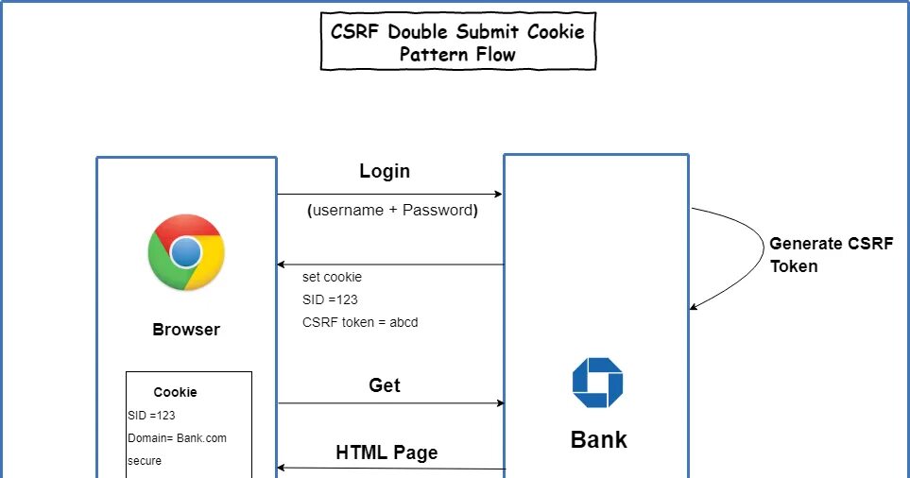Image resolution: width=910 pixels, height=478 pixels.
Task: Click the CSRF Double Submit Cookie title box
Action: coord(458,42)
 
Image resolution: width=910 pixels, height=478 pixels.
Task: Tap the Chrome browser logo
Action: coord(186,252)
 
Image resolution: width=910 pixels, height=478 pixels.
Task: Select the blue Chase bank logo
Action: coord(597,383)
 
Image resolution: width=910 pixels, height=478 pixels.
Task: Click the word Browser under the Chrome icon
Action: coord(186,330)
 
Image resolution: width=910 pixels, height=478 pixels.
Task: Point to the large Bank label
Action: coord(599,439)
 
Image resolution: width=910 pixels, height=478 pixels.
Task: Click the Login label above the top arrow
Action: coord(385,171)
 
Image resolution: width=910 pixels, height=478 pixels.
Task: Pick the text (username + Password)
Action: coord(392,210)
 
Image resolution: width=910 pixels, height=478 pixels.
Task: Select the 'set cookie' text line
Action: coord(332,278)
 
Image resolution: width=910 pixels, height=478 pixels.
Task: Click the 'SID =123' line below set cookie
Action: coord(330,299)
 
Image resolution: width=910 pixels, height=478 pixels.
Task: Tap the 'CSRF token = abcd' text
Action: coord(360,322)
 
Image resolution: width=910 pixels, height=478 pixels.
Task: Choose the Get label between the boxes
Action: coord(385,385)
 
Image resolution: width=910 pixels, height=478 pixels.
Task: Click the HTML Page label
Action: coord(386,452)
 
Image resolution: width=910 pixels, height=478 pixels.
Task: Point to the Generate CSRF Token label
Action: coord(831,255)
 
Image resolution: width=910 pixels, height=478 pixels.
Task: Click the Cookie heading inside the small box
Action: coord(175,392)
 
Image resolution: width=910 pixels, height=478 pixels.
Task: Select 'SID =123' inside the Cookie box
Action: coord(151,416)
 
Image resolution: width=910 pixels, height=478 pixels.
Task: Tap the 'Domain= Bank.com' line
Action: coord(177,438)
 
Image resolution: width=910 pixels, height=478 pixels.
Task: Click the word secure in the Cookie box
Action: coord(145,461)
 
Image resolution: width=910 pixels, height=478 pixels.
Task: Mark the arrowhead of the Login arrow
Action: coord(499,194)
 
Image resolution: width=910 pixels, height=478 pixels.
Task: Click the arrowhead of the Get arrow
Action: coord(501,402)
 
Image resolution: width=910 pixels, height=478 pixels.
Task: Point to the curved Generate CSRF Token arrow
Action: coord(764,249)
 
